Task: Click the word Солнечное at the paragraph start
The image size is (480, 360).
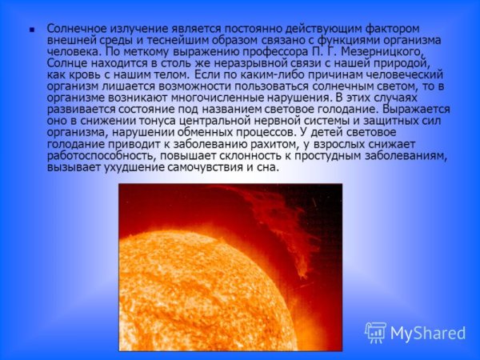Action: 76,27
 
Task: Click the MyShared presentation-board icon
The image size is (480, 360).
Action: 376,332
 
